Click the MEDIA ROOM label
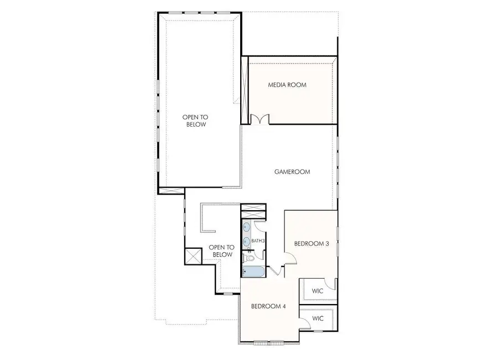click(287, 85)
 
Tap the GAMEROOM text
click(292, 171)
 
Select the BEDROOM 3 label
click(312, 243)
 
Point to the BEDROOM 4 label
click(269, 306)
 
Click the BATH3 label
click(258, 241)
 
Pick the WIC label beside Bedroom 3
click(318, 290)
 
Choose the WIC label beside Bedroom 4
click(318, 319)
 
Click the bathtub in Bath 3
click(253, 270)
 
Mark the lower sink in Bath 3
click(246, 247)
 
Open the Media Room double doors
click(260, 119)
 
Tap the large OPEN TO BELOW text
click(196, 121)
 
